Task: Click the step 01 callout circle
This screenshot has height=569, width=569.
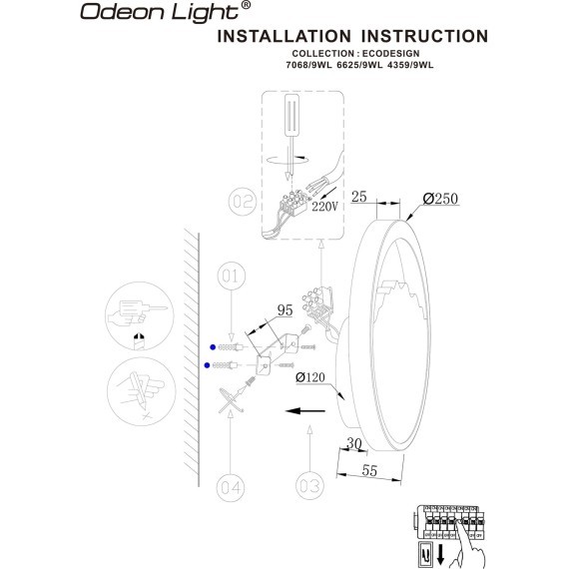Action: (232, 275)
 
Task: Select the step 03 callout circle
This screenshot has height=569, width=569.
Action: (310, 486)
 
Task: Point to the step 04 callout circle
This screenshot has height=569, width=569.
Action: (232, 486)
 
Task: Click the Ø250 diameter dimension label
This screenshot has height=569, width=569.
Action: (439, 199)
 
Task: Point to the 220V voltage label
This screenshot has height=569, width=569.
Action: (326, 208)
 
